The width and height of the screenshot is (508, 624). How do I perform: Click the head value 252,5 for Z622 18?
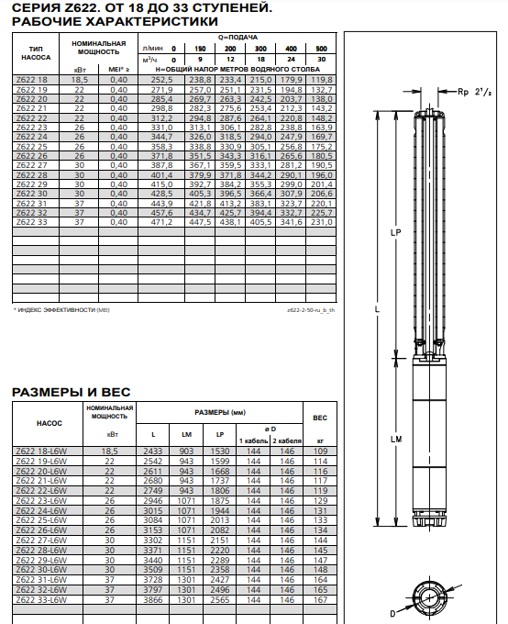pos(161,80)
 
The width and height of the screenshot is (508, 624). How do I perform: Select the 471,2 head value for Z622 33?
pos(161,222)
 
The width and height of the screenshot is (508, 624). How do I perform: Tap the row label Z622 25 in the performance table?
pos(31,147)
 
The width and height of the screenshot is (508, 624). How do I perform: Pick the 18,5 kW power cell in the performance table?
pos(79,80)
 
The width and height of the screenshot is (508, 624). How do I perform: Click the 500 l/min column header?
pos(321,49)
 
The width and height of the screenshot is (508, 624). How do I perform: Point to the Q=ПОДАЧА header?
pos(237,38)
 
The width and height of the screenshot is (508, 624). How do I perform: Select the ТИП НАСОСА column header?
pos(36,53)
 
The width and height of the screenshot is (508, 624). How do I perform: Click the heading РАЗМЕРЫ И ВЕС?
pos(72,392)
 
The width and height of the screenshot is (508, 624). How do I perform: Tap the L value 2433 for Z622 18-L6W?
pos(153,451)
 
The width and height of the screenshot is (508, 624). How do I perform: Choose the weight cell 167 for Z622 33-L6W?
pos(320,600)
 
